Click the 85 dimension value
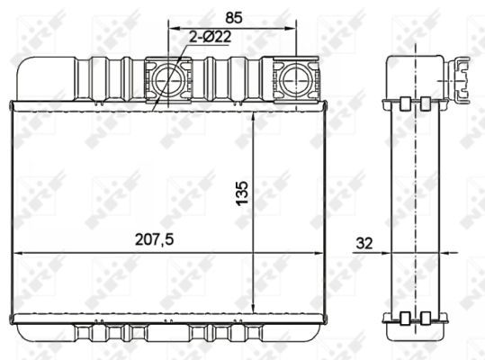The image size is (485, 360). click(x=233, y=15)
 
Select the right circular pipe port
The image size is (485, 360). click(x=295, y=81)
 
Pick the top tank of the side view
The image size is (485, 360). click(x=416, y=76)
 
